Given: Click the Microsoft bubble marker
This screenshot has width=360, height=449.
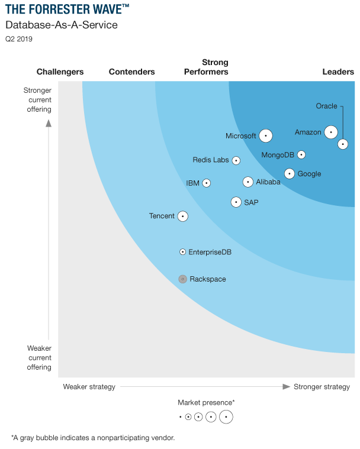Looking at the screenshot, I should tap(266, 135).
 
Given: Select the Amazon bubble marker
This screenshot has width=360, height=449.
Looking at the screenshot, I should tap(331, 133).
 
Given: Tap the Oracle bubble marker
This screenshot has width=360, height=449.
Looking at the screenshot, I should tap(343, 144).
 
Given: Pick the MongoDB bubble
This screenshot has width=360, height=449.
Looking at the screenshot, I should tap(301, 154).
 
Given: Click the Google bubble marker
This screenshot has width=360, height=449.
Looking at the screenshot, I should tap(290, 173).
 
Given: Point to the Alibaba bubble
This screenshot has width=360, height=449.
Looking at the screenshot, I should tap(248, 182).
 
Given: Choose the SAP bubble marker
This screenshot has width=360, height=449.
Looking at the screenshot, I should tap(236, 202).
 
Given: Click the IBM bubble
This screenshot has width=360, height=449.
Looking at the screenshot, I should tap(207, 183).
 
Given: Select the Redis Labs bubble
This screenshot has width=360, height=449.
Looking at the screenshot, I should tap(236, 160).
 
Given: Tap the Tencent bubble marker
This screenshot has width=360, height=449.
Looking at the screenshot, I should tap(183, 217).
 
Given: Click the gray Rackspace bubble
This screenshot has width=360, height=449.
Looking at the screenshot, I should tap(183, 279).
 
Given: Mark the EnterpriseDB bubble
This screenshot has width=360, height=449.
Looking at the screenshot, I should tap(183, 252).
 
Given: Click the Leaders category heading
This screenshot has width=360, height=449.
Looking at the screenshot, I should tap(338, 72).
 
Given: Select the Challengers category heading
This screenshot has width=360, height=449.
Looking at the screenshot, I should tap(60, 72).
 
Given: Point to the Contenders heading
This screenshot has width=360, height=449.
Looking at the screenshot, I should tap(132, 72).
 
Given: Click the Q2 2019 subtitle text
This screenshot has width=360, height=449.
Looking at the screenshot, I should tap(19, 39).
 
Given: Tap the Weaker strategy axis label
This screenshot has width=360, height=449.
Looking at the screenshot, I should tap(89, 387).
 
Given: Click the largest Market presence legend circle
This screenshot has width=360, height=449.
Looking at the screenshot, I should tap(226, 416).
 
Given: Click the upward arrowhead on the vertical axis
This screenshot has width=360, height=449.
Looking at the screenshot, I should tap(49, 123).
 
